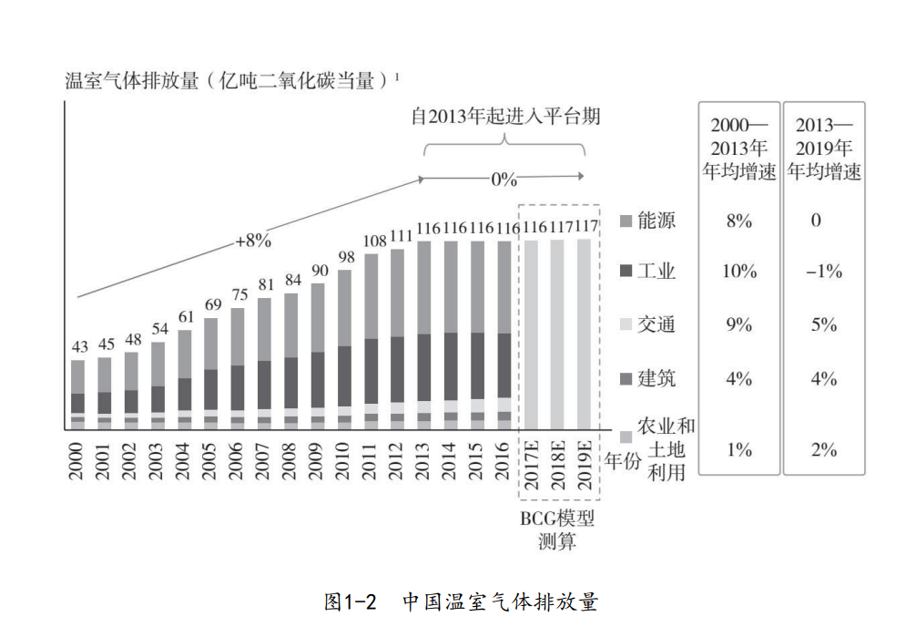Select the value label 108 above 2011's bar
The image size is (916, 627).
coord(374,242)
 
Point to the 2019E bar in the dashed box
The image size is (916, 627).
coord(584,333)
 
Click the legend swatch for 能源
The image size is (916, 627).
coord(626,221)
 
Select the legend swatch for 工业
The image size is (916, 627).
coord(626,272)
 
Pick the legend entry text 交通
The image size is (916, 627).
coord(656,324)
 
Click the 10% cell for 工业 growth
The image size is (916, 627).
coord(739,272)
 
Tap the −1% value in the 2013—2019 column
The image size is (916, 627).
coord(823,272)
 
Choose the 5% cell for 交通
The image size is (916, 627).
coord(823,324)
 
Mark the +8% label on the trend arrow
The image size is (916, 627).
coord(253,242)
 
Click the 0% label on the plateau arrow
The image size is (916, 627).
coord(504,179)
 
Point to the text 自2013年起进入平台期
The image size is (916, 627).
coord(505,118)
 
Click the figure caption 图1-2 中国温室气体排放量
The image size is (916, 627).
coord(461,602)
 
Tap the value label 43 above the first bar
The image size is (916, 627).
coord(80,347)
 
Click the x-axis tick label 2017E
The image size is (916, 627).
coord(531,465)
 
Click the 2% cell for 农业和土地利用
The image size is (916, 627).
coord(823,449)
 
